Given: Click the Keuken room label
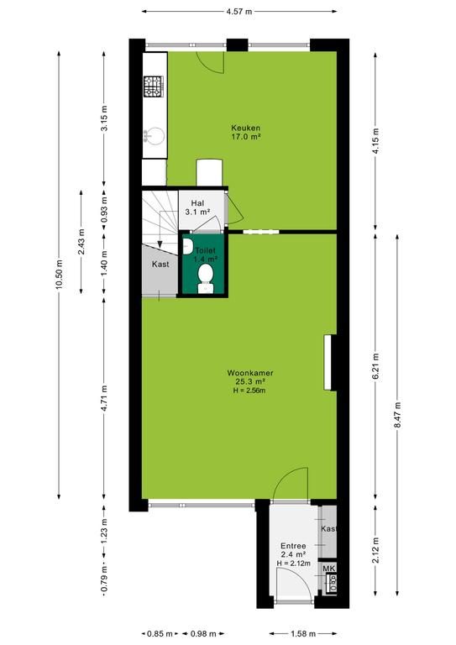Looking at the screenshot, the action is click(x=245, y=128).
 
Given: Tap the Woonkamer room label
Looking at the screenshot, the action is click(x=250, y=373).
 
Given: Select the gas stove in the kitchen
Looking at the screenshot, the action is click(x=154, y=87).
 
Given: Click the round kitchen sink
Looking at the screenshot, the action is click(x=155, y=136).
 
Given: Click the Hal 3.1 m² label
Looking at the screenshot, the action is click(x=197, y=207).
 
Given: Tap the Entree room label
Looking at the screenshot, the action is click(x=293, y=546).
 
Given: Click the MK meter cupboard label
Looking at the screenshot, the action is click(x=329, y=569).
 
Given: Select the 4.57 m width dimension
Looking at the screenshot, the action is click(x=238, y=12).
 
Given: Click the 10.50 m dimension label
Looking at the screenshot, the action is click(x=60, y=274).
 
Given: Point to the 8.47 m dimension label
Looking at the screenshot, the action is click(x=397, y=414).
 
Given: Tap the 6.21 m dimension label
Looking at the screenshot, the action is click(x=375, y=366).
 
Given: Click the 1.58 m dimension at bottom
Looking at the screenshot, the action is click(x=303, y=634).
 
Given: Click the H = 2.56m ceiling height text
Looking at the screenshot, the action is click(x=249, y=391).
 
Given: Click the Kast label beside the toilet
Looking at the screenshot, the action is click(x=160, y=264).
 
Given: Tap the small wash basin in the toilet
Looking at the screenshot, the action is click(x=187, y=247).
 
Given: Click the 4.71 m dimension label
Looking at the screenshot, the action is click(x=104, y=398).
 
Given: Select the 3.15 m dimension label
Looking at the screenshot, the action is click(x=104, y=118).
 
